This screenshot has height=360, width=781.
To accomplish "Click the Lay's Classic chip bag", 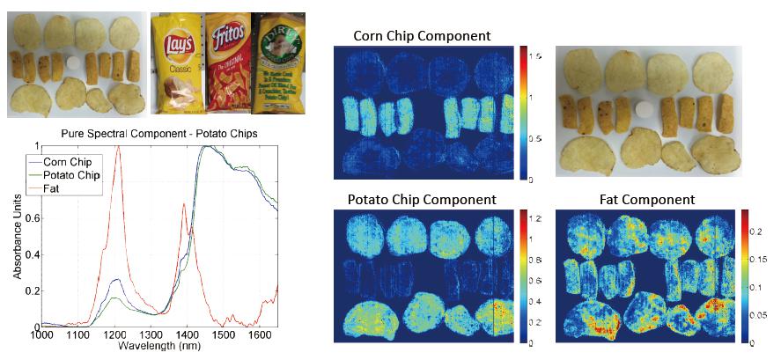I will [x=177, y=63].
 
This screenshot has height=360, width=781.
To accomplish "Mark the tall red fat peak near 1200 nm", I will [x=118, y=150].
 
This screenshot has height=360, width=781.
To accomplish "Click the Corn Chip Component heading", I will [x=422, y=36].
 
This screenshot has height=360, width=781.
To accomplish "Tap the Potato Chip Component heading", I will [x=424, y=200].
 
